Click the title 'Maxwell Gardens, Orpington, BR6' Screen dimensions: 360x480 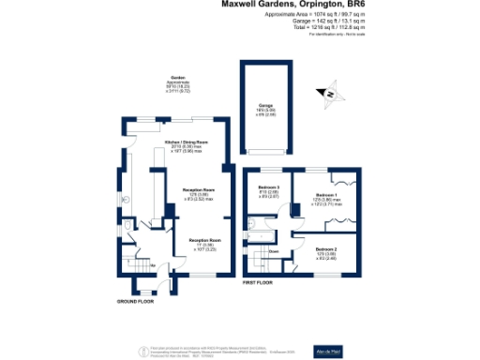tap(292, 5)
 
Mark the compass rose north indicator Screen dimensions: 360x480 tap(330, 92)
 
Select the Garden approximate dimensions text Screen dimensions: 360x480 tap(177, 86)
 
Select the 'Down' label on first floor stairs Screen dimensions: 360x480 tap(274, 251)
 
